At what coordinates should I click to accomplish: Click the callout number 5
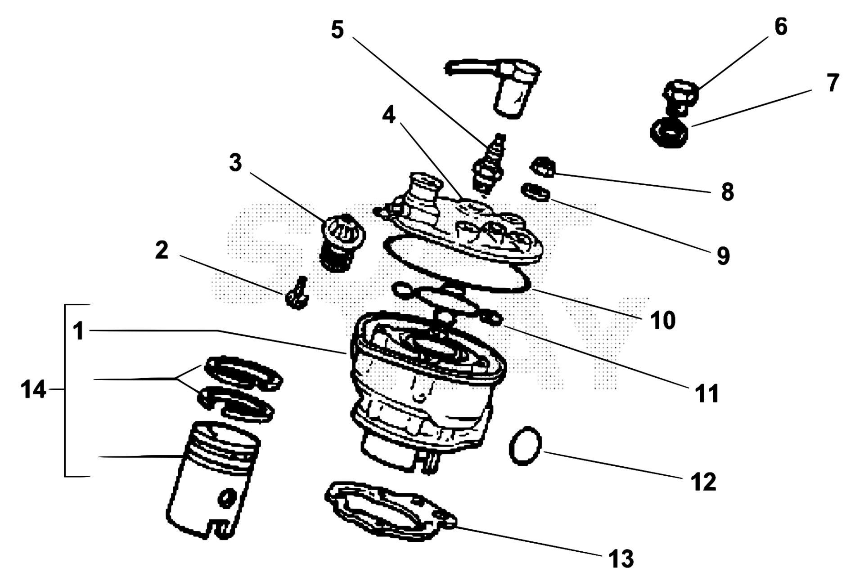[x=337, y=30]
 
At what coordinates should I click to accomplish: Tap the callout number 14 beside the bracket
[x=33, y=389]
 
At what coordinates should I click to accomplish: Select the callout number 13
[x=621, y=559]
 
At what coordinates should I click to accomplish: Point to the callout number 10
[x=663, y=320]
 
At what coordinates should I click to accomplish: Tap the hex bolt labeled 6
[x=680, y=96]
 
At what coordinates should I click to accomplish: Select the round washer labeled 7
[x=670, y=132]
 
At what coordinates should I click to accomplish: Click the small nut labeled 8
[x=542, y=168]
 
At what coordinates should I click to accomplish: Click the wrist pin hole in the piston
[x=225, y=498]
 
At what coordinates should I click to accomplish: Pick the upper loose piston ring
[x=243, y=371]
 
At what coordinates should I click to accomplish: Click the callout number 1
[x=79, y=331]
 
